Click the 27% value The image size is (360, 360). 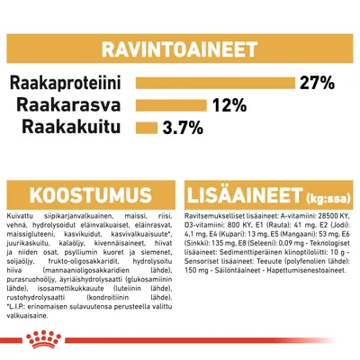(317, 84)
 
